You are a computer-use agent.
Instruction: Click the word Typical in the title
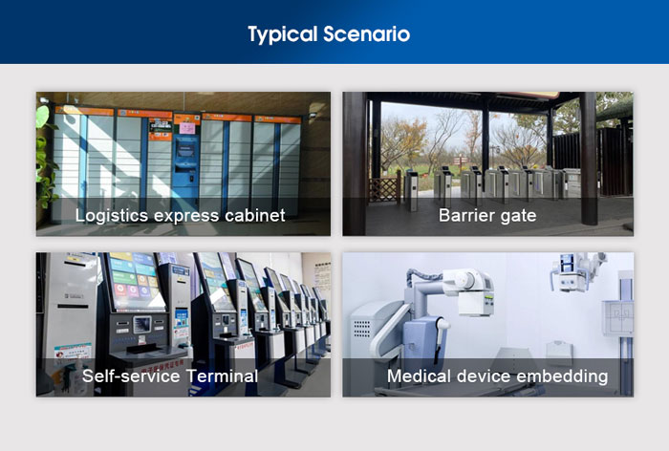click(x=283, y=35)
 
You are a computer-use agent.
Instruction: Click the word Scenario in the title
click(x=366, y=34)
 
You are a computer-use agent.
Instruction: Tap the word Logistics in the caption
click(x=111, y=216)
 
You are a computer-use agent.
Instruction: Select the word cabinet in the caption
click(x=255, y=216)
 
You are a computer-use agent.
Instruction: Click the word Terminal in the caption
click(x=222, y=376)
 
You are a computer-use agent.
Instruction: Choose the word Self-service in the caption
click(x=131, y=376)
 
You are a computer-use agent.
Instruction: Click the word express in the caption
click(x=186, y=217)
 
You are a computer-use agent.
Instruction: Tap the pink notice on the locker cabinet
click(x=187, y=128)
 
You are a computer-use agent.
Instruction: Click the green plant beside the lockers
click(x=45, y=158)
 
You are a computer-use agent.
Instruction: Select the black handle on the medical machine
click(x=439, y=340)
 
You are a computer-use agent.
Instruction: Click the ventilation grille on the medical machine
click(x=362, y=329)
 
